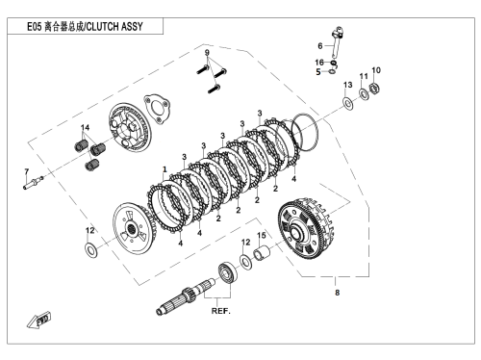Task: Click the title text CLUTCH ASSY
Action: click(x=114, y=26)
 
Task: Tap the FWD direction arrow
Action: click(x=38, y=320)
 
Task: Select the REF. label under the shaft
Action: click(x=221, y=311)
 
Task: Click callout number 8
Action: click(x=337, y=293)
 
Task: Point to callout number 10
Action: click(x=376, y=70)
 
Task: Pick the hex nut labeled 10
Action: click(x=375, y=88)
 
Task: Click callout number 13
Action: click(x=348, y=85)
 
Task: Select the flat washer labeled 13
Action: click(x=348, y=103)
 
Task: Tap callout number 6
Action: click(x=320, y=46)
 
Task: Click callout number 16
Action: click(x=319, y=63)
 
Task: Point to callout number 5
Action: click(x=318, y=72)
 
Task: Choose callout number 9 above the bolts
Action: click(x=207, y=53)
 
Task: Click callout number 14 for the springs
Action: click(x=85, y=127)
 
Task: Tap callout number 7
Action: click(x=27, y=171)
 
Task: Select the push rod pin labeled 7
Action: click(x=34, y=181)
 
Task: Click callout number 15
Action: click(x=262, y=235)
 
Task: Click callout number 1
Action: click(x=165, y=169)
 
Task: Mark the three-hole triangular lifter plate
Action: click(x=157, y=109)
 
